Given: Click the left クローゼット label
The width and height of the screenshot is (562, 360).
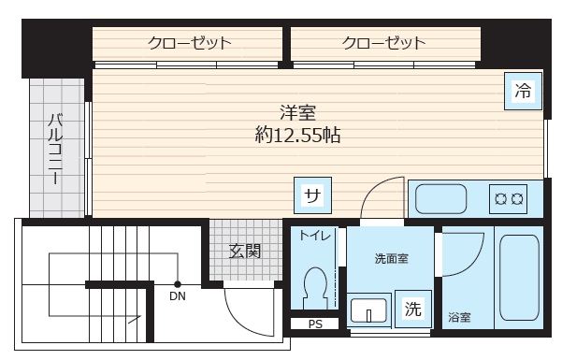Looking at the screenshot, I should click(x=189, y=42).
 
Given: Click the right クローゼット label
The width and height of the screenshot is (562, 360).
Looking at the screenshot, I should click(x=384, y=42).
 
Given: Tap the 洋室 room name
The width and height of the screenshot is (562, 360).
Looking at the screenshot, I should click(x=297, y=111).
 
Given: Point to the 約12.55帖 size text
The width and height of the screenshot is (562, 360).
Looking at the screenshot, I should click(x=297, y=135).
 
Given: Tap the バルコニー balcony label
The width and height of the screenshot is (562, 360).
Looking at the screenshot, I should click(x=55, y=150).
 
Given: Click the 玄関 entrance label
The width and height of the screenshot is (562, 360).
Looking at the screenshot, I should click(x=244, y=251).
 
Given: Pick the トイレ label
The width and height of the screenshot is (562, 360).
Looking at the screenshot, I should click(x=313, y=236).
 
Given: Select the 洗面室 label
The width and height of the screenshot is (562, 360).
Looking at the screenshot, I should click(x=391, y=257).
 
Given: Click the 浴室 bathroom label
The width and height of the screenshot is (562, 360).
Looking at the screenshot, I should click(x=458, y=317).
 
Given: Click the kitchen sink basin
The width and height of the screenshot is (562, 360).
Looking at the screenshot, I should click(x=442, y=198).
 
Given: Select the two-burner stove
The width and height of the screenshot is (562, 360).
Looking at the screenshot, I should click(x=509, y=198).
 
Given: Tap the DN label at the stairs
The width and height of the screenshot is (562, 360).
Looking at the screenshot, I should click(x=177, y=298).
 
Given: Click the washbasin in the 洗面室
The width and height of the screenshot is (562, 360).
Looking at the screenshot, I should click(x=368, y=310).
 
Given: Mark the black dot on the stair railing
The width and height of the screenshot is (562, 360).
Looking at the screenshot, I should click(x=178, y=283).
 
